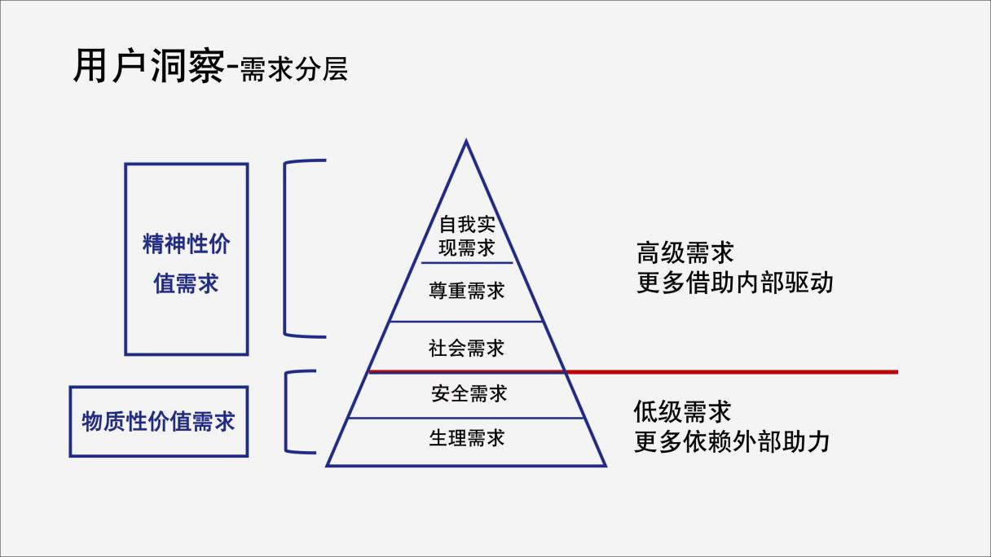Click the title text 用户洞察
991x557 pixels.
(149, 66)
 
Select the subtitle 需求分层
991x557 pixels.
(293, 69)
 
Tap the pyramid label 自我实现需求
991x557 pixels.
(467, 236)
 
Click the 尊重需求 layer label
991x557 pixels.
(466, 291)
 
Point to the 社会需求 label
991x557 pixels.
(466, 348)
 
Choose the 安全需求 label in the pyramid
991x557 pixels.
(469, 393)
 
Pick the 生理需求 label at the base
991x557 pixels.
(467, 438)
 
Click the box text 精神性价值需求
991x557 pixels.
(187, 264)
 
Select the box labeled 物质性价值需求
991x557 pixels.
(158, 421)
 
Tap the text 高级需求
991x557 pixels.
(685, 253)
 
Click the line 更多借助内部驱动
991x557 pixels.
(735, 283)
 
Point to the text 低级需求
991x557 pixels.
(682, 411)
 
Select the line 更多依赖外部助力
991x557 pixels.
(732, 441)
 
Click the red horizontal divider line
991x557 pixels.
(633, 372)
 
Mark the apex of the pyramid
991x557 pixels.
(466, 140)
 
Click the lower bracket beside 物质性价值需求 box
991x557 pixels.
(286, 412)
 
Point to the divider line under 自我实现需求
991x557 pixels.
(467, 263)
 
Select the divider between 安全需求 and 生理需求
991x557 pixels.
(466, 418)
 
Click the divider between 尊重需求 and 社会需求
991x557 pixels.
(466, 322)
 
